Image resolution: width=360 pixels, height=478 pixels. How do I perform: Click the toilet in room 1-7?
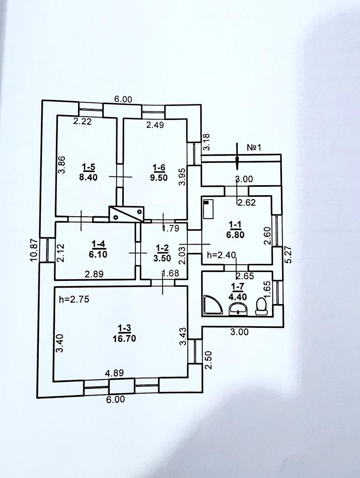pyautogui.click(x=261, y=306)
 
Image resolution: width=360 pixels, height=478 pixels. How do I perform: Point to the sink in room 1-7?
pyautogui.click(x=239, y=308)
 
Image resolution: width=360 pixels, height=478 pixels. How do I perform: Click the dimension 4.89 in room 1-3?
pyautogui.click(x=113, y=373)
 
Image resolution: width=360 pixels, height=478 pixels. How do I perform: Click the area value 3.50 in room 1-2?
pyautogui.click(x=162, y=257)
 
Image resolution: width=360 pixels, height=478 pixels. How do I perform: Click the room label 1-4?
pyautogui.click(x=96, y=244)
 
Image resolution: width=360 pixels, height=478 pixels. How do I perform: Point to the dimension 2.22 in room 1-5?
pyautogui.click(x=82, y=122)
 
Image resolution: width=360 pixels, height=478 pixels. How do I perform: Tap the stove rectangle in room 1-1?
pyautogui.click(x=207, y=210)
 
